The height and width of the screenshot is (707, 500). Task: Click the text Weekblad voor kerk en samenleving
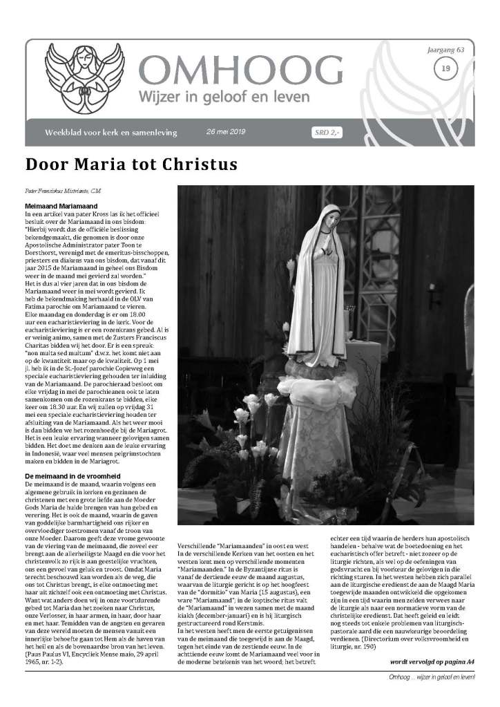[110, 132]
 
